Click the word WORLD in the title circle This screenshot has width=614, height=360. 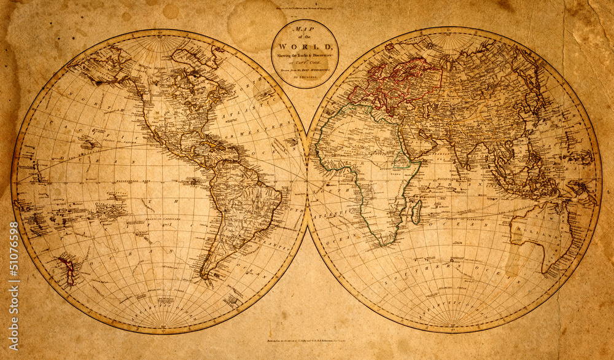[x=305, y=47]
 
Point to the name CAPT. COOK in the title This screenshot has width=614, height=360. [x=305, y=61]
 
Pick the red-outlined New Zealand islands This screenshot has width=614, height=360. [x=66, y=270]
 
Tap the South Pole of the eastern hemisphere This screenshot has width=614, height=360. [x=454, y=324]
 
